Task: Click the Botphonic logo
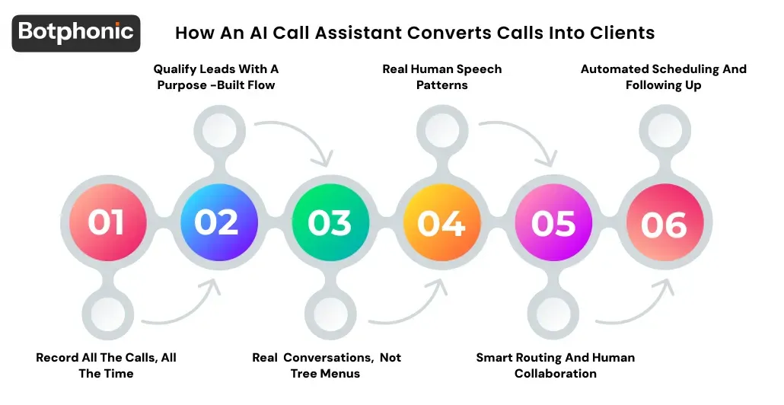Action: (x=76, y=33)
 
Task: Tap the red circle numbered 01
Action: (x=106, y=222)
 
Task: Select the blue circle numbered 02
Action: (x=217, y=222)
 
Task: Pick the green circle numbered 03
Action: (x=330, y=222)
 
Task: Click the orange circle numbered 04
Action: (x=441, y=222)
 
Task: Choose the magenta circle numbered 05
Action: (x=553, y=222)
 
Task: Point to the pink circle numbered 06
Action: (x=664, y=222)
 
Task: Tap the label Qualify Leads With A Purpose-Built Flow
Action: (x=216, y=77)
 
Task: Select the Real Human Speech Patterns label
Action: (x=441, y=77)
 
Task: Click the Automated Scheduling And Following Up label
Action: (x=664, y=77)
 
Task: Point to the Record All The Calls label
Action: (x=106, y=365)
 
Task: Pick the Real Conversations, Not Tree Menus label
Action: (x=327, y=365)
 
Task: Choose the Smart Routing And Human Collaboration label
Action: (x=555, y=365)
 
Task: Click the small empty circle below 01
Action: (x=107, y=314)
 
